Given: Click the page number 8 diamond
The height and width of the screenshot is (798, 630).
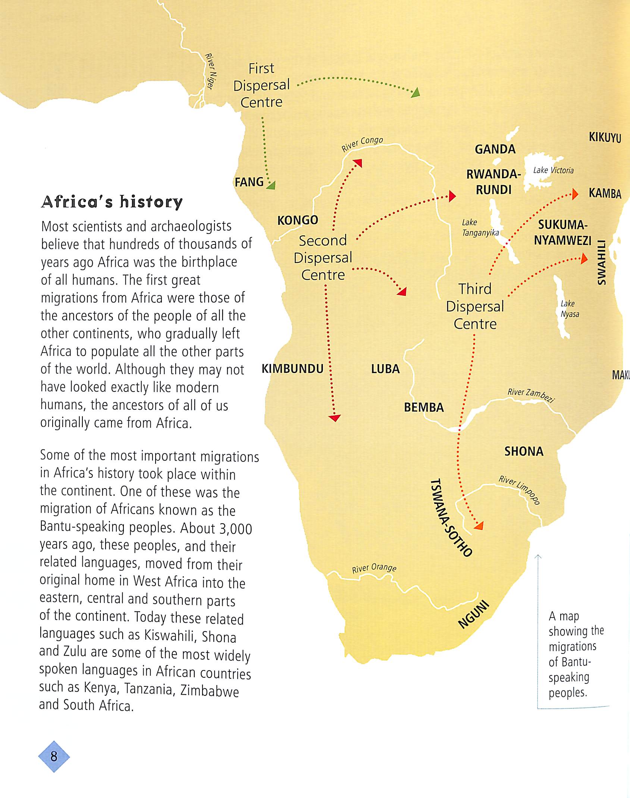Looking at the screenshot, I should tap(54, 757).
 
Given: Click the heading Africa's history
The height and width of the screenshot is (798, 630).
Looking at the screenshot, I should tap(112, 202).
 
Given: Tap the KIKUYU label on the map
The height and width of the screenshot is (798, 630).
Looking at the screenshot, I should tap(605, 137).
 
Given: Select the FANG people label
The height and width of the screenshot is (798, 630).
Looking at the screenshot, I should tap(249, 182).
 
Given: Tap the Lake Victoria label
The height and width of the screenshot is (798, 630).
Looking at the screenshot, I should tap(553, 170).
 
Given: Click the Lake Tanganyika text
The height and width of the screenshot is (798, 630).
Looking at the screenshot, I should tap(480, 228).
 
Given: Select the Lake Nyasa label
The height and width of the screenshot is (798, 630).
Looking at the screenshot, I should tap(569, 309).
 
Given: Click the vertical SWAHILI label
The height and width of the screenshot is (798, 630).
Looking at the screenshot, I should tap(601, 262).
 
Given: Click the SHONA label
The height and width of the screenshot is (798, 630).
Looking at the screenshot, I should tap(524, 452).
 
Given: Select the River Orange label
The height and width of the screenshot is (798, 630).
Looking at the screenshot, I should tap(374, 568).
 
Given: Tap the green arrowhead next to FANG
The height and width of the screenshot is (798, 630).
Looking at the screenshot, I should tap(272, 185).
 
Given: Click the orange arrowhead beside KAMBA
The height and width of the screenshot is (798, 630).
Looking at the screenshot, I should tap(575, 194).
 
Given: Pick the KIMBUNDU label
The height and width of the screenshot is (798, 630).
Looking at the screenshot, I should tap(292, 369).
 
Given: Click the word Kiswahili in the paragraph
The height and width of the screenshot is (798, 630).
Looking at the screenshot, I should tap(170, 635).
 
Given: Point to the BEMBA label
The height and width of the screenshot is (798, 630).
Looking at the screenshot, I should tap(424, 407).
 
